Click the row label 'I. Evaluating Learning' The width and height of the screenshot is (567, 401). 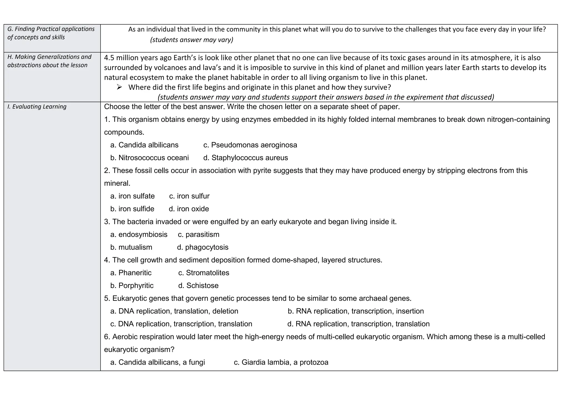(37, 107)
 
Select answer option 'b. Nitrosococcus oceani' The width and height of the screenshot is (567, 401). (149, 158)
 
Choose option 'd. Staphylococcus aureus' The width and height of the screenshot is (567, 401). (245, 158)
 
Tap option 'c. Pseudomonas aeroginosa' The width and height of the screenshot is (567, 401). (250, 145)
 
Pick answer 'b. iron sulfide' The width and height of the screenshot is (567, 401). (132, 209)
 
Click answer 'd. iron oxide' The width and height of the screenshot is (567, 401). (189, 209)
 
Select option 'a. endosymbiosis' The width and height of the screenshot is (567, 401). (139, 235)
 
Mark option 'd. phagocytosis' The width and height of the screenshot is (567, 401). (203, 247)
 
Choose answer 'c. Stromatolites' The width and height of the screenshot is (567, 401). (203, 273)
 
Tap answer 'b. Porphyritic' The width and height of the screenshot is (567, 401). (132, 286)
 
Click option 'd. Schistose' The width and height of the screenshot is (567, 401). (198, 286)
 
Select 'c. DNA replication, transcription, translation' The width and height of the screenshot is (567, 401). (181, 324)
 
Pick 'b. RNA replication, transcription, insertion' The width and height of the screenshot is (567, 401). (355, 311)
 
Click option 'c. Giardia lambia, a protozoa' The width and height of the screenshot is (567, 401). (281, 362)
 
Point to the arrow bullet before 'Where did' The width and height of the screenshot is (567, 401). (119, 88)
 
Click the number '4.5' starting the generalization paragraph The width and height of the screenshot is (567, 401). (110, 58)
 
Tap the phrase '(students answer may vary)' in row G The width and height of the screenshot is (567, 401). (192, 40)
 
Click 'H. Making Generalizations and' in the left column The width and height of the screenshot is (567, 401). (49, 57)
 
